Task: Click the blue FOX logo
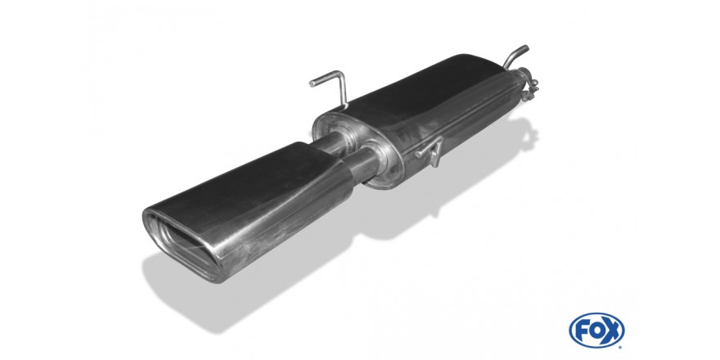click(596, 331)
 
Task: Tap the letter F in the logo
click(582, 331)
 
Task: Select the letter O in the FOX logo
click(596, 331)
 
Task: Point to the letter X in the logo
click(612, 331)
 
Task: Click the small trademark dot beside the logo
click(621, 347)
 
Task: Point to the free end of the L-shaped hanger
click(312, 84)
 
